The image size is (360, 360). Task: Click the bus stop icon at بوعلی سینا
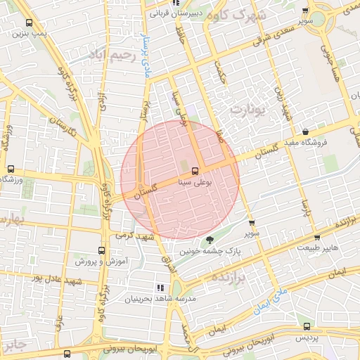click(x=195, y=170)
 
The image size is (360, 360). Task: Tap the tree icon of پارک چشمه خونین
click(x=210, y=240)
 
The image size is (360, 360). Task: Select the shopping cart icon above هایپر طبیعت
click(x=318, y=238)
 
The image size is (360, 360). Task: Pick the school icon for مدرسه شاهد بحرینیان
click(x=160, y=288)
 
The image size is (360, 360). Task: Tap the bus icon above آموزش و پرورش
click(x=102, y=250)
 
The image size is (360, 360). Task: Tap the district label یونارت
click(x=250, y=109)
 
